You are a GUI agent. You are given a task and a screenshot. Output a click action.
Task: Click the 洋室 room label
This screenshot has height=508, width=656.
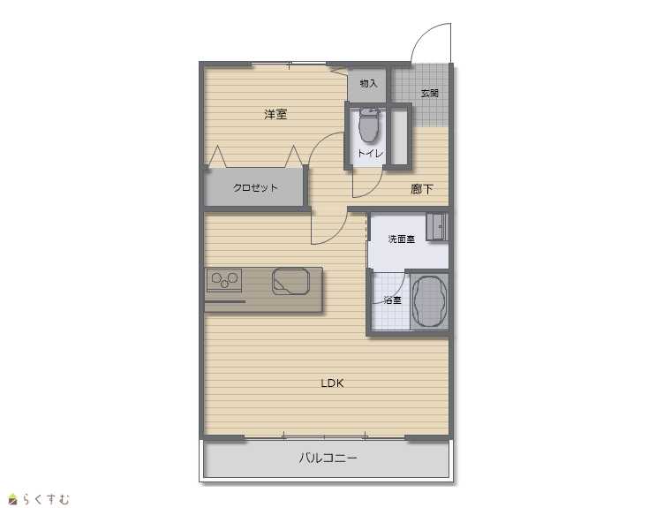point(275,114)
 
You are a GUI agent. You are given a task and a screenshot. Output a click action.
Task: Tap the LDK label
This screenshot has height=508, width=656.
point(332,383)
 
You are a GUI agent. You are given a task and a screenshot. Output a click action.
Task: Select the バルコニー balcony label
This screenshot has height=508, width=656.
point(328,458)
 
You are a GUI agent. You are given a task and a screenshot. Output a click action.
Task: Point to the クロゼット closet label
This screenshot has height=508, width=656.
point(255,187)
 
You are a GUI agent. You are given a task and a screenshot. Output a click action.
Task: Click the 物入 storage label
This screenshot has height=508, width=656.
point(368,83)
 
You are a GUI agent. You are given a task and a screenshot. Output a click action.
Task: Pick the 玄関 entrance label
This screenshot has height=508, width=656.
point(430,93)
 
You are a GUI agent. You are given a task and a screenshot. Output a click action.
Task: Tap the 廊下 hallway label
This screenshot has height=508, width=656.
point(421,189)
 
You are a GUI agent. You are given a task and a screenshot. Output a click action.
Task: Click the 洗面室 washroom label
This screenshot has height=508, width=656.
point(401,239)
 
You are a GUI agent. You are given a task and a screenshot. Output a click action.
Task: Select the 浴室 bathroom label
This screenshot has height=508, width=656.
point(392,300)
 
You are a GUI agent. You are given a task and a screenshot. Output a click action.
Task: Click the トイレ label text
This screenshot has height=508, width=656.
point(370,154)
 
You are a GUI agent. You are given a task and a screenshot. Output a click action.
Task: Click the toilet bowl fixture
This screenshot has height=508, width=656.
point(369,125)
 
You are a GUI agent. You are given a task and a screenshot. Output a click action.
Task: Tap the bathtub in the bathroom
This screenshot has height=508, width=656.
point(430,301)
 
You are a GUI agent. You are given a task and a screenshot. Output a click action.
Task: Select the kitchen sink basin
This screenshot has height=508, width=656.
point(290,281)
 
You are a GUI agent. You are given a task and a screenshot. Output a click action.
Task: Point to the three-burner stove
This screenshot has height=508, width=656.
point(224,280)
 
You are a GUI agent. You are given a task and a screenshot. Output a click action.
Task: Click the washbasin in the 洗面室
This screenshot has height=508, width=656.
point(437,226)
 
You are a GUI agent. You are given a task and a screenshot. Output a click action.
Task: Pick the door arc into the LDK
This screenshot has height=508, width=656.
point(336,236)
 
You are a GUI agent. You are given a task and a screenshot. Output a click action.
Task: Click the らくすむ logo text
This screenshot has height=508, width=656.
point(46,499)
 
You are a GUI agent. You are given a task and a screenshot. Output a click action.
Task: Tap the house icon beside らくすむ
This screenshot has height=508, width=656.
point(14,499)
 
